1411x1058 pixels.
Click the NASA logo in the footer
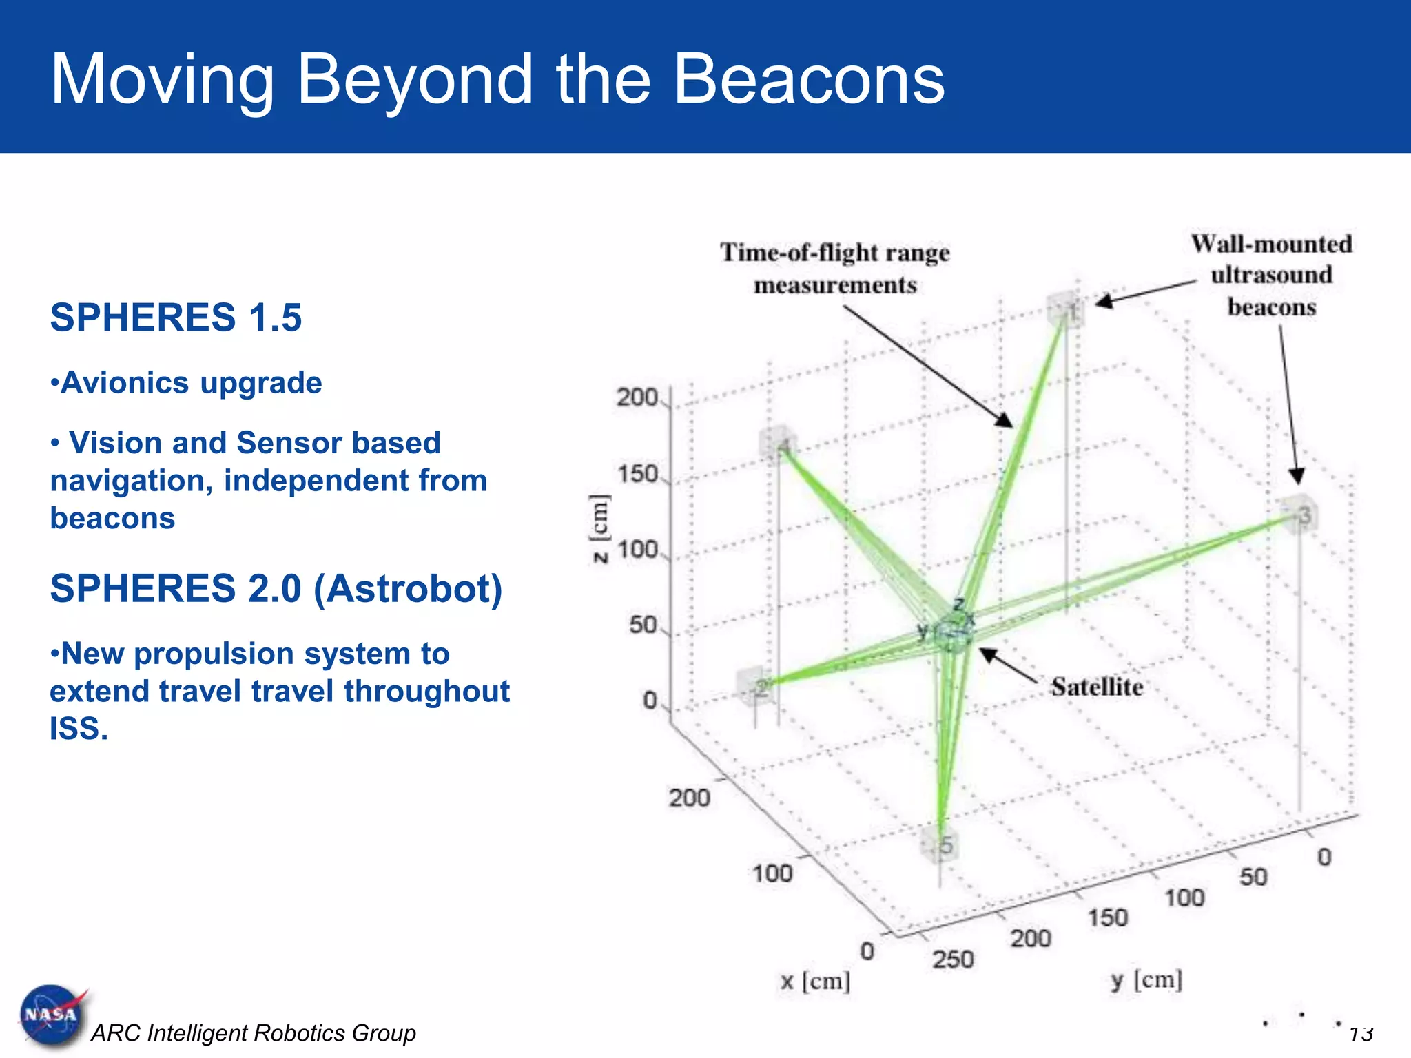click(52, 1015)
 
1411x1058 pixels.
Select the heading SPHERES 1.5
click(176, 318)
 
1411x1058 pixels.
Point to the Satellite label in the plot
click(1097, 687)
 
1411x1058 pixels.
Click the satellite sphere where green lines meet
click(952, 635)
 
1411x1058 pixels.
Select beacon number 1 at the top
click(1066, 310)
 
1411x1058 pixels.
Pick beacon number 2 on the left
click(756, 685)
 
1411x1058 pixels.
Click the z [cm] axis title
click(599, 528)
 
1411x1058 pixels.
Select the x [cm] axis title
click(815, 980)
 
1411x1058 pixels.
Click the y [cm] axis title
click(1146, 979)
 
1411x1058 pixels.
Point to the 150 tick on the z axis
click(637, 474)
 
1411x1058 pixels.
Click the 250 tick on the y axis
click(953, 959)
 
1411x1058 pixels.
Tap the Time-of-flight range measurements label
click(835, 269)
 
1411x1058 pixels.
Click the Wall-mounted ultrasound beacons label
click(1271, 275)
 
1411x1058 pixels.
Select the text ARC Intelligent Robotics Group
click(254, 1033)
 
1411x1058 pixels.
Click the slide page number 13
click(1361, 1033)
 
